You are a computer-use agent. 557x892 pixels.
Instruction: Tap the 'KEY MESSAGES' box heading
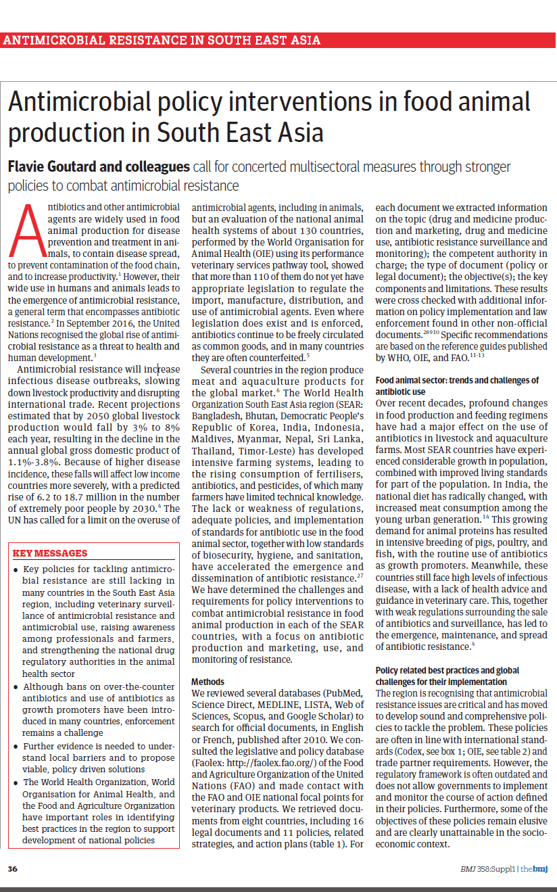pos(50,553)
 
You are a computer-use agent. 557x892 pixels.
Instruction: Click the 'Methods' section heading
pos(208,682)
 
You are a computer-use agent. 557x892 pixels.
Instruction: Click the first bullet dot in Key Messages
pos(16,570)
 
